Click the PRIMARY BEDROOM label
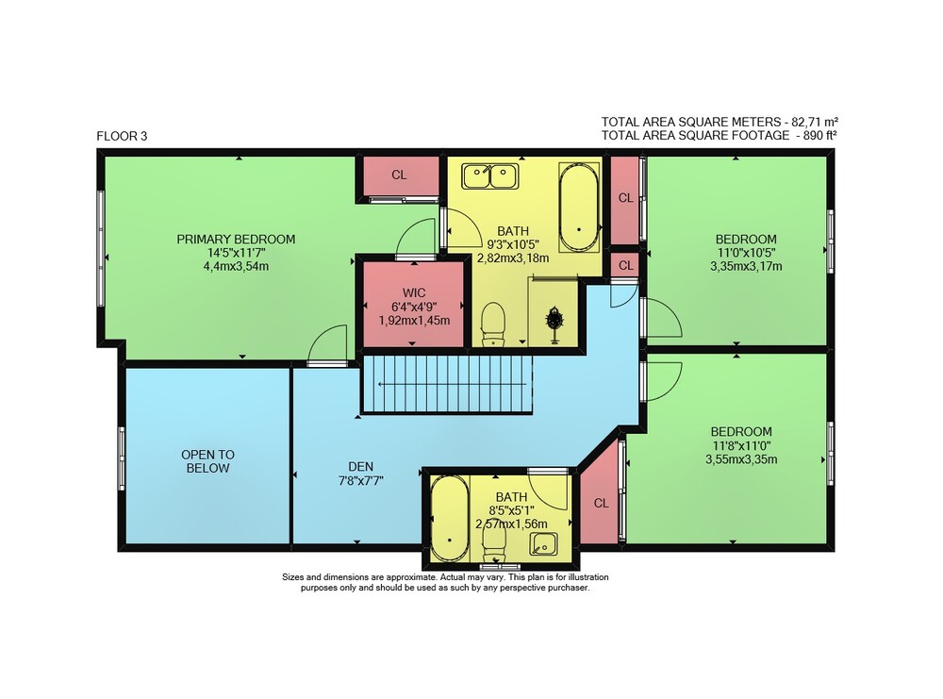pyautogui.click(x=236, y=239)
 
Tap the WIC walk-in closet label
pyautogui.click(x=414, y=293)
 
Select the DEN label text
pyautogui.click(x=361, y=466)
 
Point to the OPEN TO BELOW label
pyautogui.click(x=207, y=461)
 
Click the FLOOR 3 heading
pyautogui.click(x=122, y=136)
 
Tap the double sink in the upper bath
pyautogui.click(x=490, y=176)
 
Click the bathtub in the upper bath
pyautogui.click(x=579, y=207)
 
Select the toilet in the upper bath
pyautogui.click(x=493, y=325)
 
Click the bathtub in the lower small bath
pyautogui.click(x=449, y=519)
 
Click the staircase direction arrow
pyautogui.click(x=451, y=384)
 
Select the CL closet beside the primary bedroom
pyautogui.click(x=399, y=175)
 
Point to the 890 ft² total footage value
pyautogui.click(x=819, y=135)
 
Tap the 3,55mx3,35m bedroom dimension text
pyautogui.click(x=741, y=459)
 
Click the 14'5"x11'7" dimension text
pyautogui.click(x=236, y=253)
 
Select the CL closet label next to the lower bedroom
pyautogui.click(x=601, y=504)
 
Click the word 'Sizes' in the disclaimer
pyautogui.click(x=293, y=577)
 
